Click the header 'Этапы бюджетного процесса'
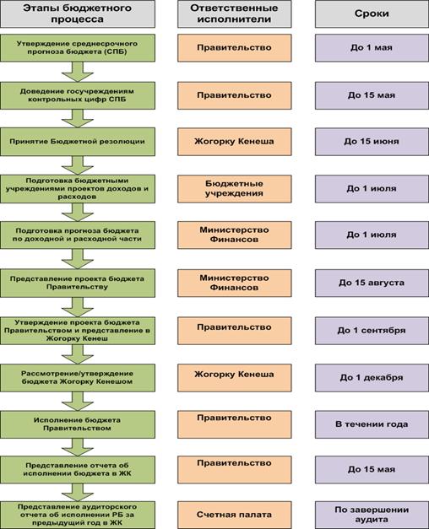(x=78, y=13)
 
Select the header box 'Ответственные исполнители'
(x=235, y=13)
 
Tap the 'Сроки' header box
(x=372, y=13)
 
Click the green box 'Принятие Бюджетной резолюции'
(x=78, y=142)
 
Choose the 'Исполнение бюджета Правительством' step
(x=78, y=424)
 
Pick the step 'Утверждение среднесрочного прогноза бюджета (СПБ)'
(x=78, y=47)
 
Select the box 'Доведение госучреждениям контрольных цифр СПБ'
(x=78, y=95)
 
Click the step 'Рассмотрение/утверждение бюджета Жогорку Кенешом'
(x=78, y=378)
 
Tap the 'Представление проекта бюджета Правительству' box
(x=78, y=283)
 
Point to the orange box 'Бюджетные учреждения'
(x=235, y=189)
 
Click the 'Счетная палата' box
(x=235, y=515)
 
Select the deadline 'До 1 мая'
(x=372, y=47)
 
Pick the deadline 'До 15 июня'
(x=372, y=142)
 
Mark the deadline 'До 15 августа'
(x=372, y=283)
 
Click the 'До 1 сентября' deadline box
(x=372, y=331)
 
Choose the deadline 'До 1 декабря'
(x=372, y=378)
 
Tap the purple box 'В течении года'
(x=372, y=424)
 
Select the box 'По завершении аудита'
(x=372, y=515)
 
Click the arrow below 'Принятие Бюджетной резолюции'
(x=78, y=165)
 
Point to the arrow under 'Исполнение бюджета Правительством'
(x=78, y=447)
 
